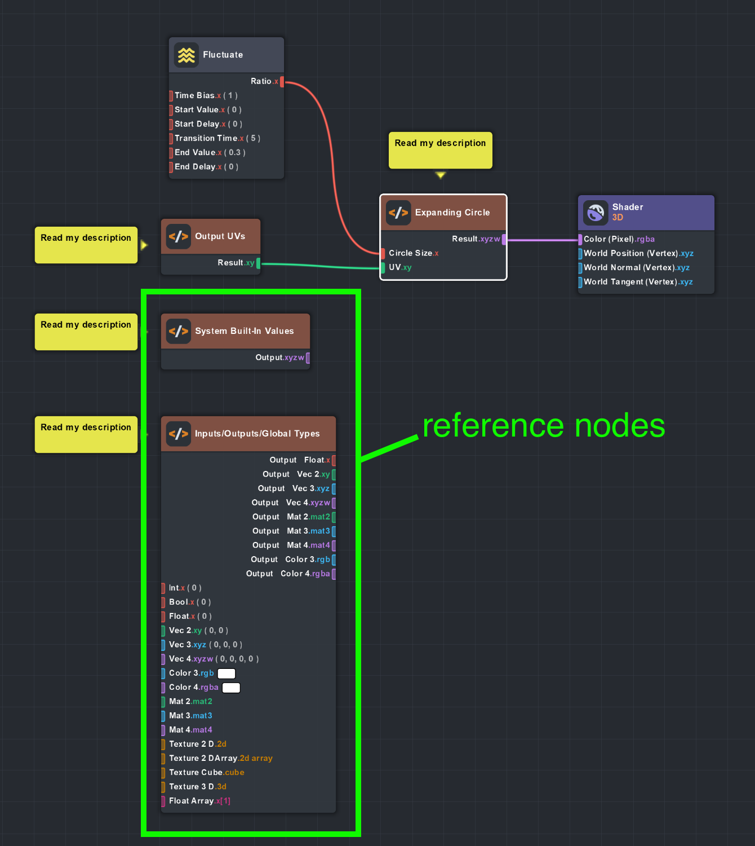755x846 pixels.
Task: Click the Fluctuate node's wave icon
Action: [186, 55]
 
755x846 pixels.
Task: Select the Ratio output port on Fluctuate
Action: [282, 82]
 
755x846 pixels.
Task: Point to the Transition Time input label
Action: [206, 138]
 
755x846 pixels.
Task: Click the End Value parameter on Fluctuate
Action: [195, 152]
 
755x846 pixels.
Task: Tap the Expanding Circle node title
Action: [452, 213]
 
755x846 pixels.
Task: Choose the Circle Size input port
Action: [383, 253]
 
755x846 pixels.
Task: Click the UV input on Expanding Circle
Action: [383, 267]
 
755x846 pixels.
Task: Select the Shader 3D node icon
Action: [596, 213]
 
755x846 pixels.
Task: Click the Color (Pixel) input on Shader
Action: [580, 239]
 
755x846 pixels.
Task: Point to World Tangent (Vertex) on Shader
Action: [630, 282]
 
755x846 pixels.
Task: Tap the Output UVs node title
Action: [220, 236]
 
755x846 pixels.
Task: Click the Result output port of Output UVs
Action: [259, 263]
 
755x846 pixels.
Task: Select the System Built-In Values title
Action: [244, 331]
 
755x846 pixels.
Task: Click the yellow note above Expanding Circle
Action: [440, 150]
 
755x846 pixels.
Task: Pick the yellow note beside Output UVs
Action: [86, 245]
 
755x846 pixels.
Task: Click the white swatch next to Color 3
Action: [226, 673]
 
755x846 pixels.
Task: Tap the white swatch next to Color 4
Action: [231, 688]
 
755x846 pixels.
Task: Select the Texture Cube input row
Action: [206, 773]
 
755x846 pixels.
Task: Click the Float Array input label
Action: [192, 801]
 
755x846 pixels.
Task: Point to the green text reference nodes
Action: [544, 426]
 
